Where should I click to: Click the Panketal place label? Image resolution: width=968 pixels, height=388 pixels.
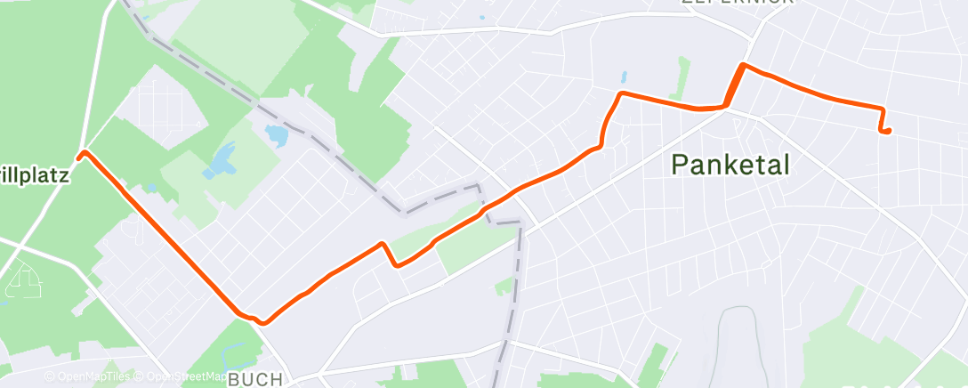pyautogui.click(x=730, y=165)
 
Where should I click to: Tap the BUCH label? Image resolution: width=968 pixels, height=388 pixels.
pyautogui.click(x=255, y=379)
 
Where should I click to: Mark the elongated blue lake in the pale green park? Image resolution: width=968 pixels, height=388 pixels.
pyautogui.click(x=217, y=163)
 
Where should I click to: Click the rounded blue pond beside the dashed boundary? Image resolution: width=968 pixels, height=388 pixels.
pyautogui.click(x=277, y=135)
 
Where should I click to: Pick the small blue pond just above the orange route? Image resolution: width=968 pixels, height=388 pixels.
pyautogui.click(x=623, y=77)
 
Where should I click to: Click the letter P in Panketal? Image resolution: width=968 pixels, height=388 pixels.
pyautogui.click(x=680, y=165)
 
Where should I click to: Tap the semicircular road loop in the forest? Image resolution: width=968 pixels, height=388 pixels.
pyautogui.click(x=23, y=283)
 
